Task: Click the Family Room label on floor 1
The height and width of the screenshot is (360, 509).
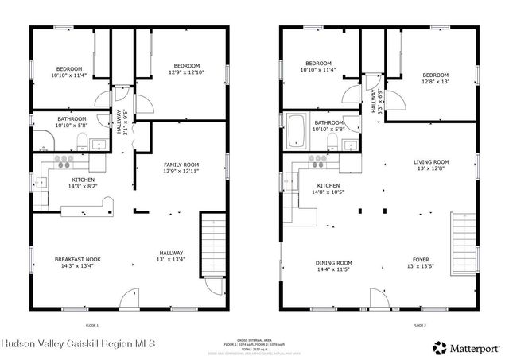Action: click(181, 166)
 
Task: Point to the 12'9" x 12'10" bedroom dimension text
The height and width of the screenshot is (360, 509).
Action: click(186, 72)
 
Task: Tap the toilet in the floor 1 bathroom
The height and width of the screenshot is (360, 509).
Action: click(80, 142)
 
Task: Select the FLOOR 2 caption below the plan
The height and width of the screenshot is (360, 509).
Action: click(420, 325)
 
